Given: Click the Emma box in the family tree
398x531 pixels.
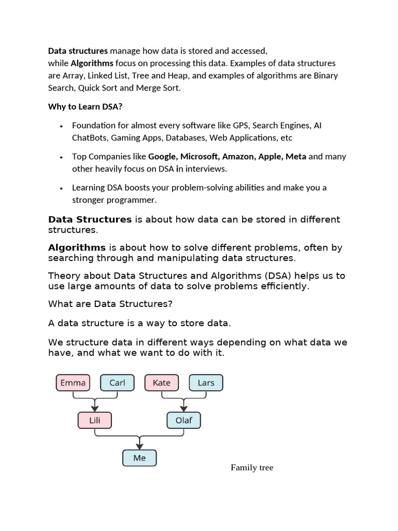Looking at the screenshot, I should click(73, 383).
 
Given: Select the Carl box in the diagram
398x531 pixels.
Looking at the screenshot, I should click(117, 383).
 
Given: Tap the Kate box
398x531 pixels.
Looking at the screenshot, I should click(162, 383).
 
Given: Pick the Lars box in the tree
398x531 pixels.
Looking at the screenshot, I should click(206, 383).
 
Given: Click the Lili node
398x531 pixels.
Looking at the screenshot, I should click(95, 420).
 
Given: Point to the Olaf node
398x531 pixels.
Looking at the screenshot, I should click(183, 420).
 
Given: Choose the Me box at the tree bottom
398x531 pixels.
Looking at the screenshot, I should click(139, 458).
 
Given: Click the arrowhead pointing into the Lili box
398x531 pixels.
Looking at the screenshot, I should click(95, 409).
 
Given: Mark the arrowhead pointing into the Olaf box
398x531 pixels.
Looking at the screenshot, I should click(183, 409).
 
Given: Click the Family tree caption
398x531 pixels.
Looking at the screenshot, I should click(252, 468).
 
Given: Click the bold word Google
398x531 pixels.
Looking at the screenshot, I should click(162, 156).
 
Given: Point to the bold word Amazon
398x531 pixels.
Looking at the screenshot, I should click(239, 156).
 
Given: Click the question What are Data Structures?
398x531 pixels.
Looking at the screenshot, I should click(110, 303).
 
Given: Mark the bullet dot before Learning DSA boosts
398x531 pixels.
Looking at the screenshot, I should click(61, 188).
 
